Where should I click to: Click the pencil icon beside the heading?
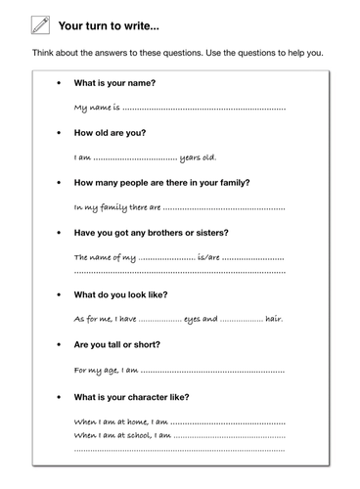(40, 25)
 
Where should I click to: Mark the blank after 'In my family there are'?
(224, 208)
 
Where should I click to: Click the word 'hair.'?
(276, 319)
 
